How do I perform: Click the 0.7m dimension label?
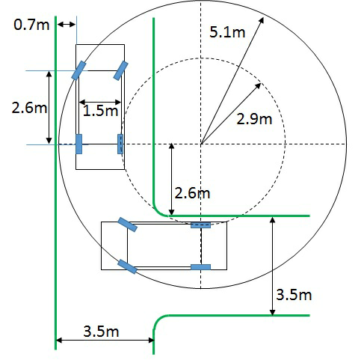[31, 25]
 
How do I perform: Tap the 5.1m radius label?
[227, 32]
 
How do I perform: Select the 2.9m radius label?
[254, 119]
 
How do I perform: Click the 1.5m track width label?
[100, 111]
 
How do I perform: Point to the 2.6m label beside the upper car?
[29, 108]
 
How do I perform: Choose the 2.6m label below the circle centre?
[192, 193]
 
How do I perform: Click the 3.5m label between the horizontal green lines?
[294, 295]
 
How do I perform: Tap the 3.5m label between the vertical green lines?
[101, 332]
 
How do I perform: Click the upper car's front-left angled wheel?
[78, 70]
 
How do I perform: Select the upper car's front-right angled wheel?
[120, 71]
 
